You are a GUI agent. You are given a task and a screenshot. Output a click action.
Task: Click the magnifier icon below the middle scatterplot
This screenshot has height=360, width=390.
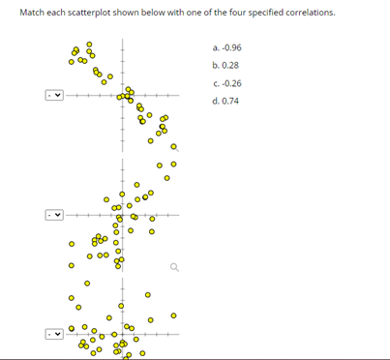pos(173,269)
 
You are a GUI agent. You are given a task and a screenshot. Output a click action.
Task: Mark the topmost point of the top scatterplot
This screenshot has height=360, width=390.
pos(90,44)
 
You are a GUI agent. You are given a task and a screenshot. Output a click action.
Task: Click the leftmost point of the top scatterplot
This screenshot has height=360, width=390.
pos(71,64)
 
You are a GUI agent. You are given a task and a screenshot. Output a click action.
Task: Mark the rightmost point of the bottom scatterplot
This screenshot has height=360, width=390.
pos(173,315)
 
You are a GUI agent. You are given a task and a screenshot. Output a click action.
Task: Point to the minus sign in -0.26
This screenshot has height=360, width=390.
pos(221,83)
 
